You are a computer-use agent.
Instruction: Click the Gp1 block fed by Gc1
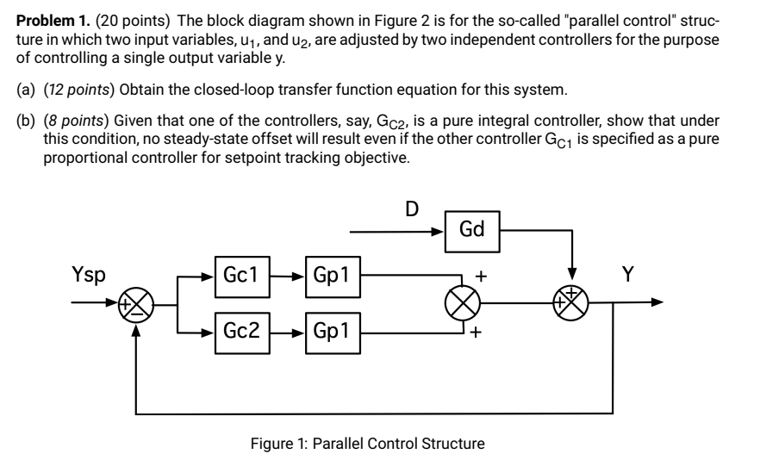click(x=332, y=277)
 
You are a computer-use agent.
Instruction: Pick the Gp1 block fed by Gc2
click(x=332, y=331)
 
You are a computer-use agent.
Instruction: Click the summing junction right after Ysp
click(x=135, y=303)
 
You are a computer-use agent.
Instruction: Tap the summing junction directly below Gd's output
click(x=570, y=303)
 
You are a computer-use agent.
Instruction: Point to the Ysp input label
click(x=89, y=276)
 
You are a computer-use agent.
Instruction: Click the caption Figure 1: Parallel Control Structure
click(x=367, y=444)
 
